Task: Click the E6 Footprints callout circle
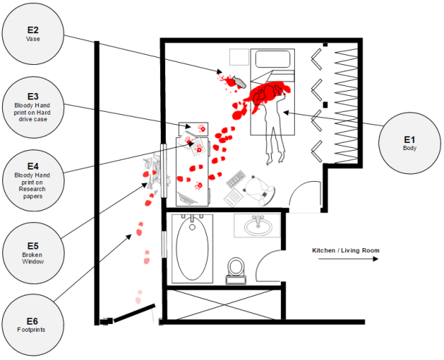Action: [32, 325]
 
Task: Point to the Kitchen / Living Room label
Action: [345, 250]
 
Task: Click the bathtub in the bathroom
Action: [191, 250]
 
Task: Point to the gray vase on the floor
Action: [232, 81]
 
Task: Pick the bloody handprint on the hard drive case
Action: [191, 139]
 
